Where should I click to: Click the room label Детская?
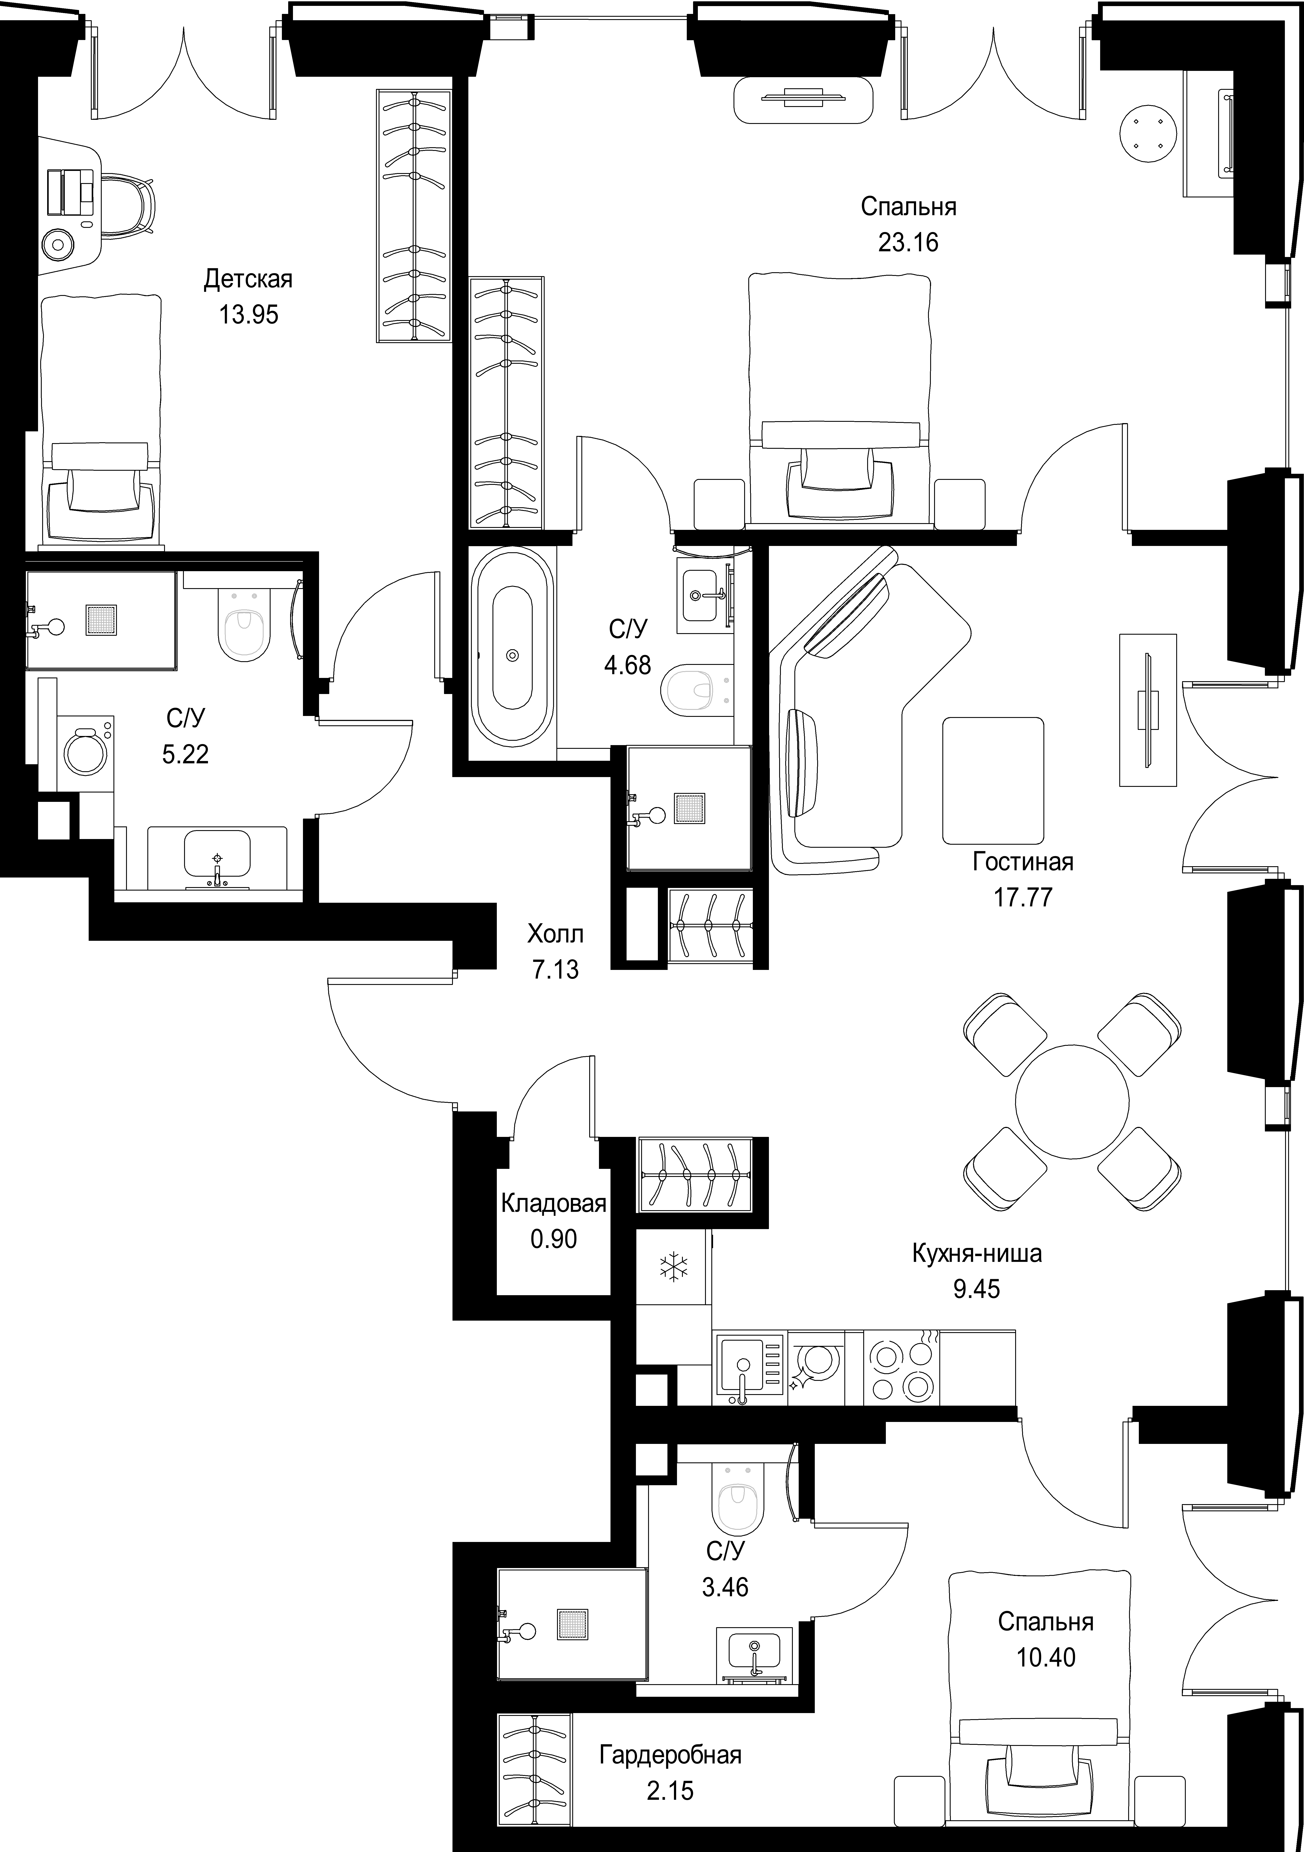point(248,279)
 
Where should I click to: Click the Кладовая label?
point(553,1204)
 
